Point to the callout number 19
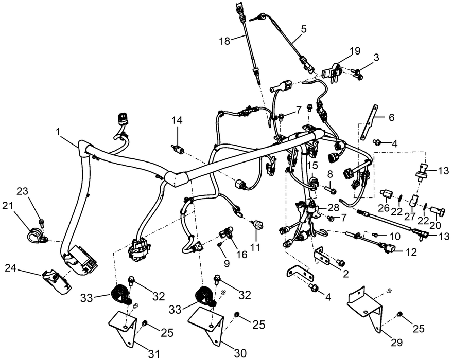click(355, 51)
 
